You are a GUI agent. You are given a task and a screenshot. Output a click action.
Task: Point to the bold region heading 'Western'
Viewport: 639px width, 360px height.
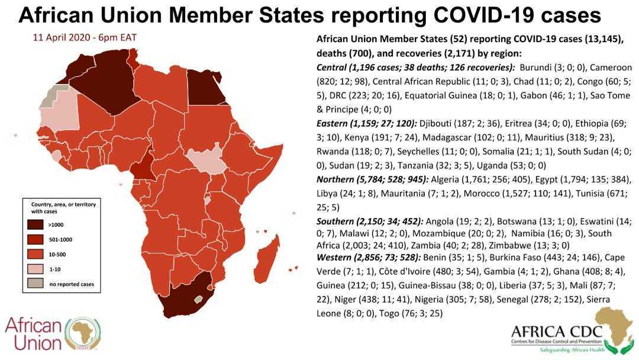tap(336, 257)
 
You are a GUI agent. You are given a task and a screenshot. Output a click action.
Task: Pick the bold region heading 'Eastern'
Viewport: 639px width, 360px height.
tap(334, 123)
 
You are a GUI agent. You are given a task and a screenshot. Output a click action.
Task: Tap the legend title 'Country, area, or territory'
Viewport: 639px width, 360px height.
tap(63, 204)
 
